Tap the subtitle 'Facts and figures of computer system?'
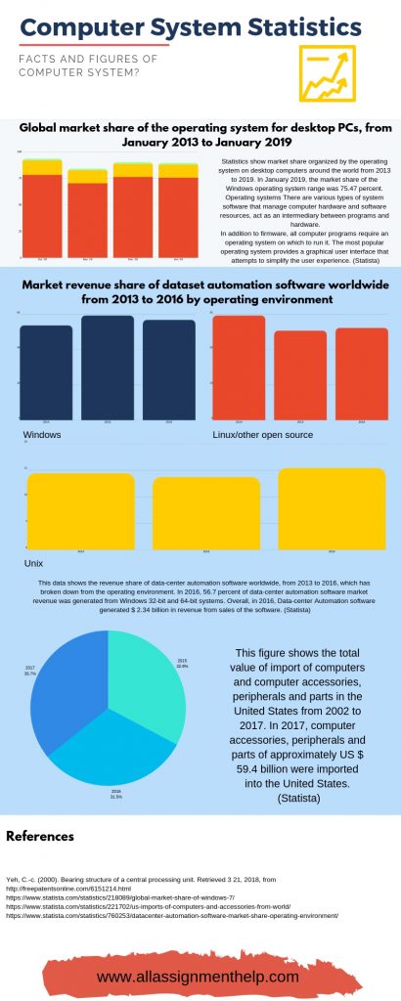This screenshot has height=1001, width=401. click(88, 66)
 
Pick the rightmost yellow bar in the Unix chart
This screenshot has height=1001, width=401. click(318, 507)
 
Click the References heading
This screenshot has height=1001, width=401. click(40, 836)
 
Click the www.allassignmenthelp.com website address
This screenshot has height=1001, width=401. click(200, 976)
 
